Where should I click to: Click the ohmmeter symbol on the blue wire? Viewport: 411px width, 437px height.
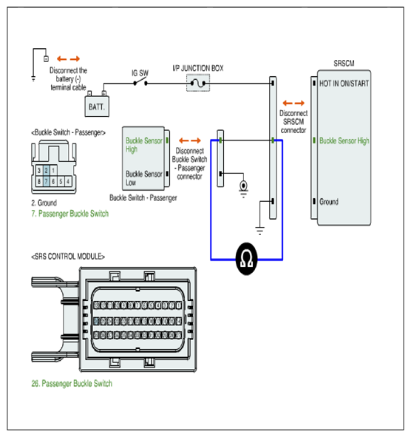246,259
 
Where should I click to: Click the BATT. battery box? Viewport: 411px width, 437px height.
97,106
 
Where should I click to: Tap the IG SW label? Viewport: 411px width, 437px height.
140,73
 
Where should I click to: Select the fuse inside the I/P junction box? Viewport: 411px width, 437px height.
198,83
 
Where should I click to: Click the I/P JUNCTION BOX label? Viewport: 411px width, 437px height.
198,68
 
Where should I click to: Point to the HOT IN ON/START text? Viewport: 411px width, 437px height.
344,84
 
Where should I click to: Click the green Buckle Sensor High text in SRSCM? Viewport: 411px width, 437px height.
344,140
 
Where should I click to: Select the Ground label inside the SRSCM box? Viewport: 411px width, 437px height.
329,202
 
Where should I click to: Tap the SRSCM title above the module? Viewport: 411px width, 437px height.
344,64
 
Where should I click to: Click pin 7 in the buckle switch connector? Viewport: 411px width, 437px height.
47,181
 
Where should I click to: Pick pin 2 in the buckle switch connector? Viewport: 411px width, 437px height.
47,170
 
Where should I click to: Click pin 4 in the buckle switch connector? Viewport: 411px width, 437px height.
68,181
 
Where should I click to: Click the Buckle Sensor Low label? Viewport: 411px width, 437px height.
144,178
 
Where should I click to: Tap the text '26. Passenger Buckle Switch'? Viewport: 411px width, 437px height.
72,384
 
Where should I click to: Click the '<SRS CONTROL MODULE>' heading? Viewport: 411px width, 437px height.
68,257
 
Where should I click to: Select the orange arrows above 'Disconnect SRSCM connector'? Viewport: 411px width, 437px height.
293,103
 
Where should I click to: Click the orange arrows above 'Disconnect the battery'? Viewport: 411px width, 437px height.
68,59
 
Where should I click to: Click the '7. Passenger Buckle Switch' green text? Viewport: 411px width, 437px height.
69,214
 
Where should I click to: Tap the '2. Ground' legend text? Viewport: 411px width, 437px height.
44,203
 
